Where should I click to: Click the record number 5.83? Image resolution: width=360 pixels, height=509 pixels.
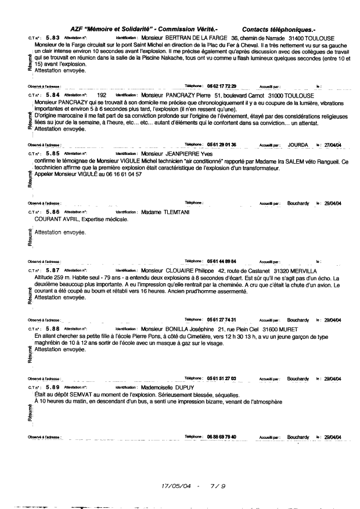point(52,37)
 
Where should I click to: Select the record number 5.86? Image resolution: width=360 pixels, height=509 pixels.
point(52,212)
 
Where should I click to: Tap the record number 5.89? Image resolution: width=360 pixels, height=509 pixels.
point(52,387)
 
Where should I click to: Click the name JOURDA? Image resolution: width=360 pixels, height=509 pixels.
point(300,145)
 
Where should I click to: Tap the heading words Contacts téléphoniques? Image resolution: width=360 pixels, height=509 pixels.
point(279,28)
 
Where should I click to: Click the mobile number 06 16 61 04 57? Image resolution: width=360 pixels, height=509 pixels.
point(117,174)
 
